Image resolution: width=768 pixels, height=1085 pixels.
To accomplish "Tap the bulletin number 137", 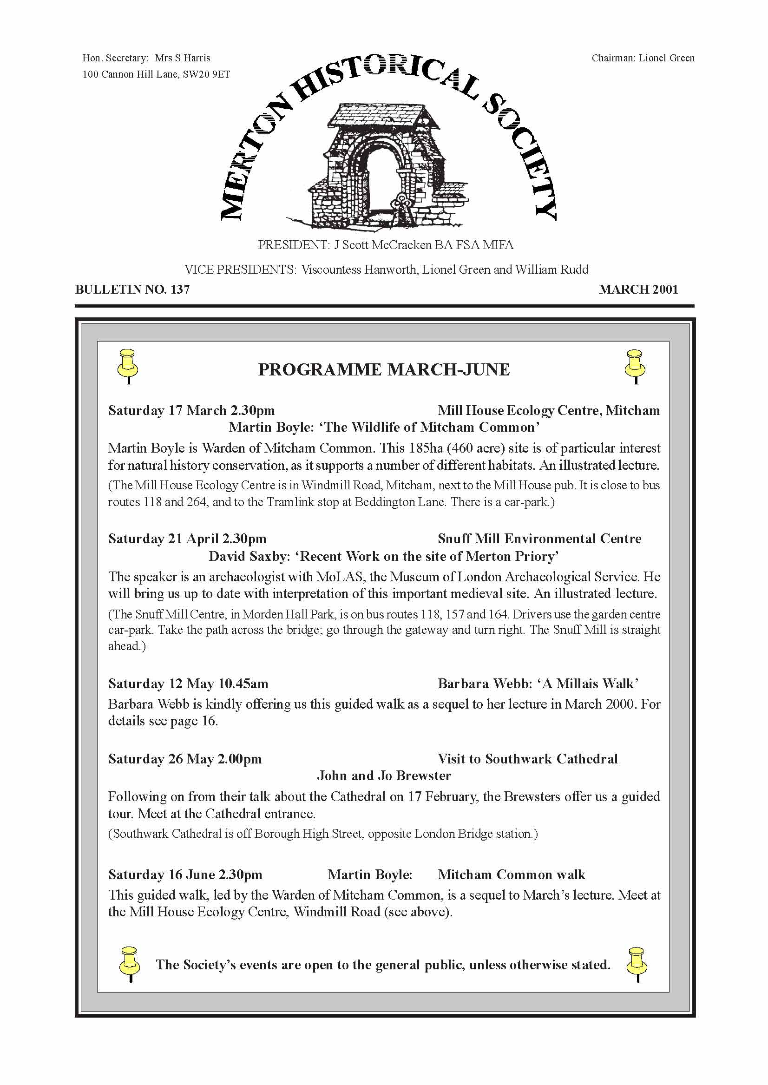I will [x=180, y=289].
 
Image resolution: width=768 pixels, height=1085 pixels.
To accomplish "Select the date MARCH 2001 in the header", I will [x=638, y=289].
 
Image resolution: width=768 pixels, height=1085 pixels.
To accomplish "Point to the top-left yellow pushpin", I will [x=128, y=366].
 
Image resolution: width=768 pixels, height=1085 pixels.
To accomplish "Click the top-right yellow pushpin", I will [x=635, y=366].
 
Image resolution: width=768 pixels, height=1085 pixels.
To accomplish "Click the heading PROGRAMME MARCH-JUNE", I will [x=383, y=369].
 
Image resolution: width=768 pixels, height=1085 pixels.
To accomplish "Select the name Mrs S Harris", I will [x=183, y=58].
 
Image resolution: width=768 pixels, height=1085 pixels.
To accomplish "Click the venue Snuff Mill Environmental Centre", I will [x=539, y=539].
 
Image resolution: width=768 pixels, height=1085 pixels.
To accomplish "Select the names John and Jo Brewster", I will [x=383, y=776].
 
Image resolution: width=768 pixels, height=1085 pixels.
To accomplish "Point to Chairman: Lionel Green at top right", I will [x=643, y=58].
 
